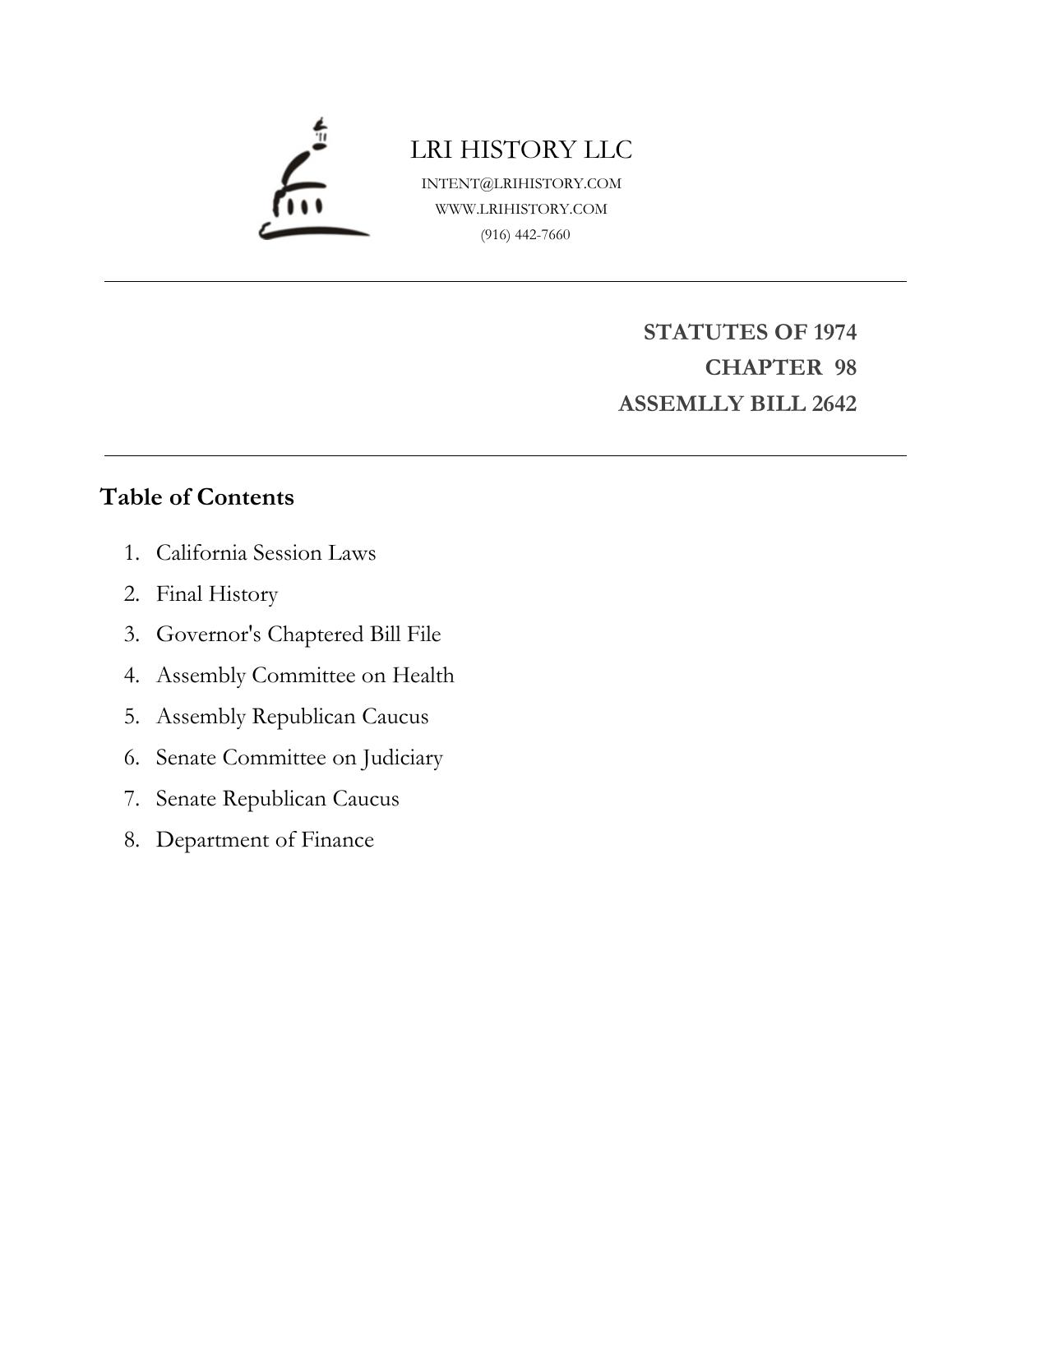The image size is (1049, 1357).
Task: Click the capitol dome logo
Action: (x=313, y=181)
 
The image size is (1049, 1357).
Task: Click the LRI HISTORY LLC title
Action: (x=521, y=150)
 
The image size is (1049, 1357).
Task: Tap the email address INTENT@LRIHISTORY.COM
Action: (x=521, y=183)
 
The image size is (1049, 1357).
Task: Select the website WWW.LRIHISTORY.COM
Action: (x=521, y=209)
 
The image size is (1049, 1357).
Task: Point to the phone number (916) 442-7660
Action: (x=525, y=234)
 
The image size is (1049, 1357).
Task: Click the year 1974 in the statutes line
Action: (x=834, y=332)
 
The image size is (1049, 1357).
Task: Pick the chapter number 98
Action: (x=845, y=367)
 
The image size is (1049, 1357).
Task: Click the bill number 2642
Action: (x=834, y=404)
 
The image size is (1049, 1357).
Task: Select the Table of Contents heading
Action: (x=197, y=497)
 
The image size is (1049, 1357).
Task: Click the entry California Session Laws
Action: (x=266, y=552)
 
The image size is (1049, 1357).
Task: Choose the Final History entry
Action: (x=217, y=593)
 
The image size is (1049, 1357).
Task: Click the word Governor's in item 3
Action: (x=209, y=635)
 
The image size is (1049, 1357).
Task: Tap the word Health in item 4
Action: (x=423, y=675)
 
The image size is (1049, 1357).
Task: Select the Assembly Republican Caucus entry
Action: (x=292, y=716)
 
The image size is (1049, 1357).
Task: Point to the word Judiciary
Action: (x=402, y=757)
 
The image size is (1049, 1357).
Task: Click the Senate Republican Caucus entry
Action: (x=277, y=798)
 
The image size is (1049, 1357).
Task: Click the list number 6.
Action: (x=131, y=757)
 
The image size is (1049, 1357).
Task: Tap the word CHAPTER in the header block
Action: (x=763, y=367)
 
